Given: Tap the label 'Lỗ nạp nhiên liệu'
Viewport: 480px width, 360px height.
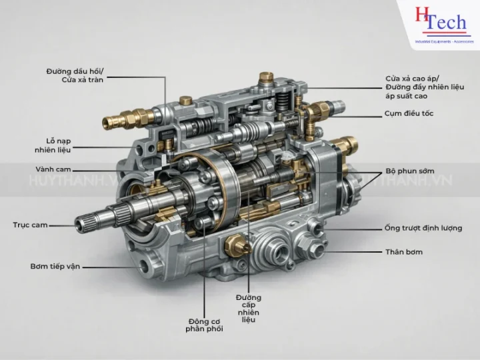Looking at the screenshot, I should pyautogui.click(x=53, y=145).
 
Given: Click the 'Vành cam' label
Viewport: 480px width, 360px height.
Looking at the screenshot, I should pyautogui.click(x=53, y=169).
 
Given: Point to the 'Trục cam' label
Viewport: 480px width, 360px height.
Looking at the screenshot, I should pyautogui.click(x=30, y=225).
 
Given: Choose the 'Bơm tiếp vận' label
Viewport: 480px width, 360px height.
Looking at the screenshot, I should pyautogui.click(x=55, y=266).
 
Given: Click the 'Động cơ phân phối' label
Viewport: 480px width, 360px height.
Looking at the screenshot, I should pyautogui.click(x=205, y=324).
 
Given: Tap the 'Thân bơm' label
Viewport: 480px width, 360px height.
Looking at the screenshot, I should pyautogui.click(x=404, y=251).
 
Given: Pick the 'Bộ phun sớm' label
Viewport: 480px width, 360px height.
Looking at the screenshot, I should pyautogui.click(x=409, y=171).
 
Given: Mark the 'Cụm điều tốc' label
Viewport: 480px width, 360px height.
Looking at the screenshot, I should pyautogui.click(x=409, y=113).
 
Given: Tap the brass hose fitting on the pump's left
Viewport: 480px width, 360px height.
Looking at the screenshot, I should pyautogui.click(x=121, y=121).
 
